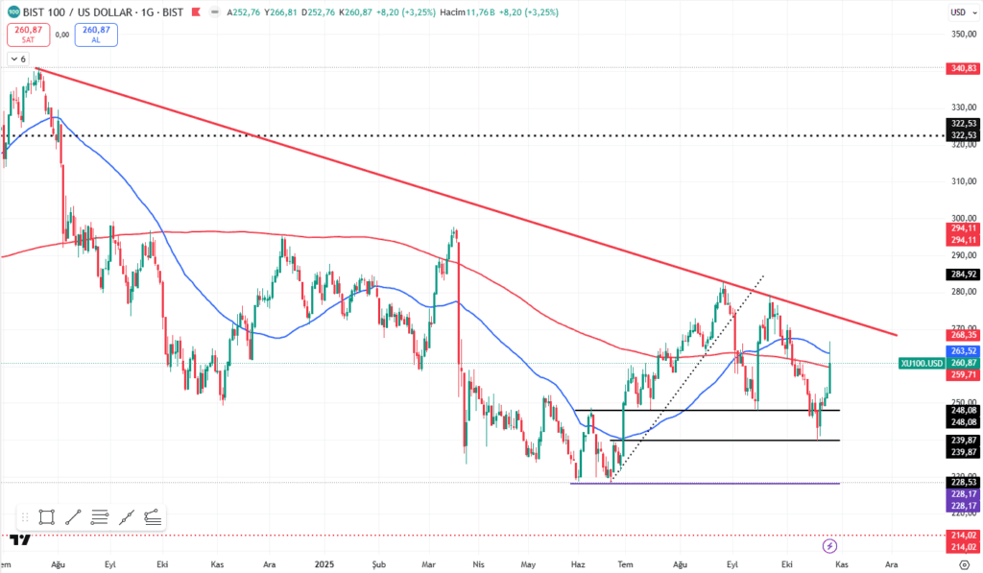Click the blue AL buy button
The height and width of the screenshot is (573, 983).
click(96, 35)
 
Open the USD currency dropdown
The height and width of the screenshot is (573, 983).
click(958, 12)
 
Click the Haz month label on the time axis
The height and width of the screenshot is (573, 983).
click(579, 564)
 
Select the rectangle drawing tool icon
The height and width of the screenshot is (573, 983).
click(46, 516)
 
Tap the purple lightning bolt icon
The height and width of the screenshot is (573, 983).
click(830, 545)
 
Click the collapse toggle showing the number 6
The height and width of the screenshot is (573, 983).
click(18, 59)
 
